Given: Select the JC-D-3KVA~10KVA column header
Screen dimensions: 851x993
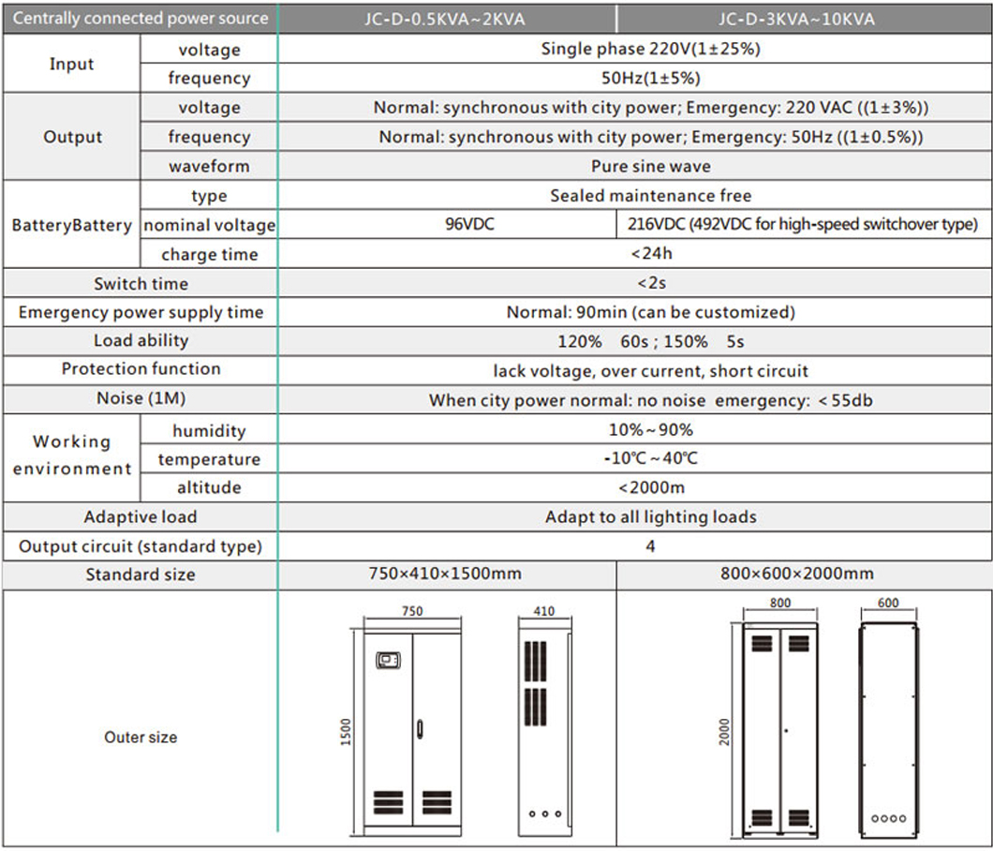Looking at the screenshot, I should click(x=796, y=19).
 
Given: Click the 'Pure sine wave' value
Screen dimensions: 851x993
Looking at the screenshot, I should click(x=650, y=166).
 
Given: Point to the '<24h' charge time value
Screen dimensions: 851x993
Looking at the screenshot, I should click(x=650, y=254).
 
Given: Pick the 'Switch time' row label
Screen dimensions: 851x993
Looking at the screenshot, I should click(x=141, y=283).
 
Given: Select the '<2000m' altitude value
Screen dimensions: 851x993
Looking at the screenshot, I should click(x=650, y=487).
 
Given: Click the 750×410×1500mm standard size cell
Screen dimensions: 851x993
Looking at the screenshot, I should click(x=445, y=574).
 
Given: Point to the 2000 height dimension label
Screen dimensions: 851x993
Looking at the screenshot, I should click(x=724, y=733).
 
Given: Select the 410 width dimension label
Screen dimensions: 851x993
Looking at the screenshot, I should click(x=543, y=611).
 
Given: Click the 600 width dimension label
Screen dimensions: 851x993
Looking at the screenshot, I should click(x=887, y=605).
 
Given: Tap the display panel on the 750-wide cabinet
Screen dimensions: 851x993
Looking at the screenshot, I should click(x=387, y=661).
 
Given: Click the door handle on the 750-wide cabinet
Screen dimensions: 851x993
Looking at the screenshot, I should click(x=421, y=727).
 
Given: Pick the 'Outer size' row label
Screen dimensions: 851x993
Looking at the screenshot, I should click(x=141, y=737).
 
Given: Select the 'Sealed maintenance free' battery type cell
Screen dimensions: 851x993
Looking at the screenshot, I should click(x=650, y=196).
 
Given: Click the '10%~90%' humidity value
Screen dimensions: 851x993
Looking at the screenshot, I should click(x=650, y=430).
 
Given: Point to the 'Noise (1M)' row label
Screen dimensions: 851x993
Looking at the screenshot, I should click(x=141, y=398).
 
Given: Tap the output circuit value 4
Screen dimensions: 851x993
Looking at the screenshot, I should click(x=650, y=546).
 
